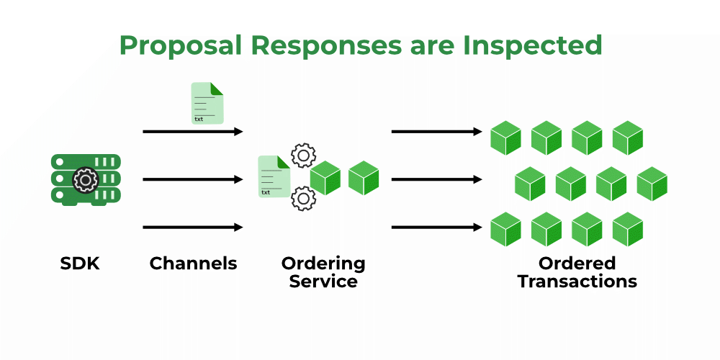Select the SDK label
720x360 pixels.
click(79, 264)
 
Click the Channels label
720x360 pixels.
click(193, 264)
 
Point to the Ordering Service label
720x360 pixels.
click(323, 272)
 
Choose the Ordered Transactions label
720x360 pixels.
click(577, 272)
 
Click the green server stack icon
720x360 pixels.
click(86, 179)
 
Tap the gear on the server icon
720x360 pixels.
click(86, 179)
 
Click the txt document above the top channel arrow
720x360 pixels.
click(207, 103)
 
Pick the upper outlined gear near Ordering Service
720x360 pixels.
click(303, 156)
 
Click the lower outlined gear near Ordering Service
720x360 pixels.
click(303, 198)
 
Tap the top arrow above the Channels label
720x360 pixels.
click(193, 132)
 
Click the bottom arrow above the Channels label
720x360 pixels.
click(193, 228)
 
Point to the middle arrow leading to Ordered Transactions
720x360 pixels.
click(436, 179)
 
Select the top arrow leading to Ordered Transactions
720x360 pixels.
click(436, 132)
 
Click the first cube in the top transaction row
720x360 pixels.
click(505, 138)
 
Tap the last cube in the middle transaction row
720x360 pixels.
click(652, 184)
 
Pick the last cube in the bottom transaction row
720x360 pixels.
click(627, 230)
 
